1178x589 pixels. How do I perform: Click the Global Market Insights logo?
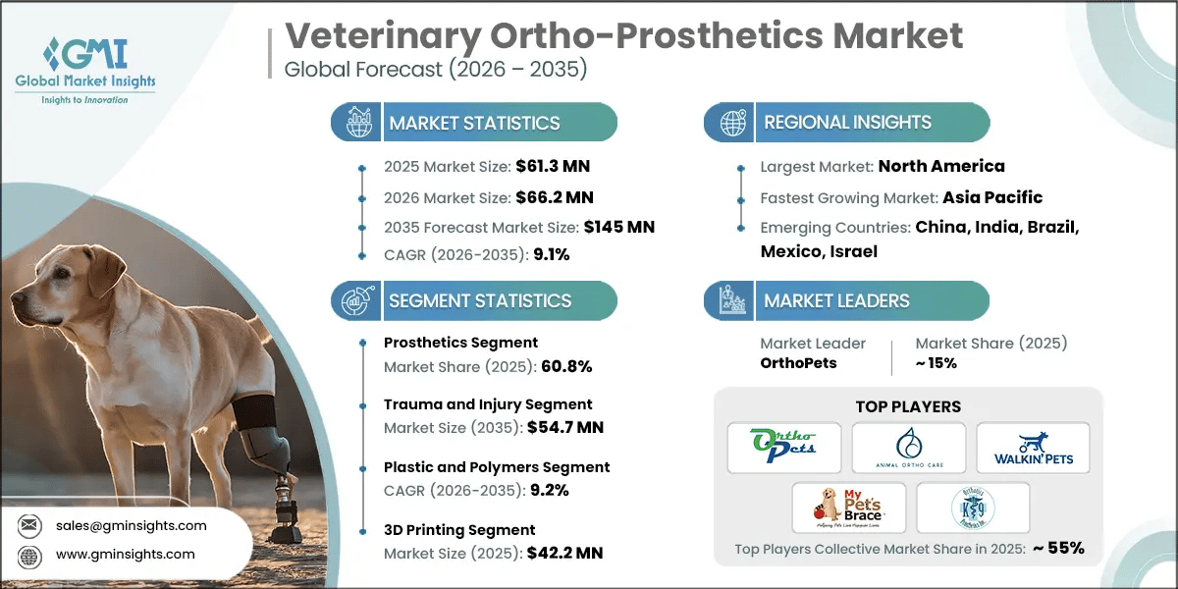click(85, 69)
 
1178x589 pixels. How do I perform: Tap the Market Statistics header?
click(474, 123)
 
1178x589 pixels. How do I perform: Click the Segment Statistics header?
click(480, 300)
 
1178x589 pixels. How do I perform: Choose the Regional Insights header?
click(848, 123)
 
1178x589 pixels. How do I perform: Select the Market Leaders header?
click(836, 300)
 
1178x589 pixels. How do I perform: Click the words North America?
click(940, 166)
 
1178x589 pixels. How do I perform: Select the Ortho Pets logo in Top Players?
click(784, 447)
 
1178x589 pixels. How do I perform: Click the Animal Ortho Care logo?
click(908, 447)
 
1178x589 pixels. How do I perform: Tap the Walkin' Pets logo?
click(1032, 447)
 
